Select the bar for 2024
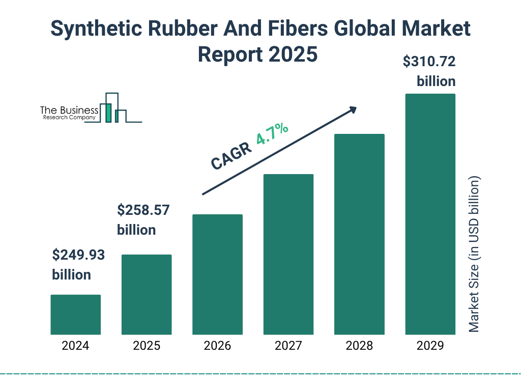[75, 315]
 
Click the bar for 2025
[147, 294]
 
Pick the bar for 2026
[217, 274]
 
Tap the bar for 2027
[288, 254]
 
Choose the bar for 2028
[359, 234]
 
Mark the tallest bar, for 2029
[430, 214]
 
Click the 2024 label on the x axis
[75, 346]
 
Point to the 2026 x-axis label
[217, 346]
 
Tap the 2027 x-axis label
[288, 346]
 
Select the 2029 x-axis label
[430, 346]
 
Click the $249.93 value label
[78, 255]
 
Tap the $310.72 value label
[429, 62]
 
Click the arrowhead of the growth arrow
[353, 109]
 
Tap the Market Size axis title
[474, 255]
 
